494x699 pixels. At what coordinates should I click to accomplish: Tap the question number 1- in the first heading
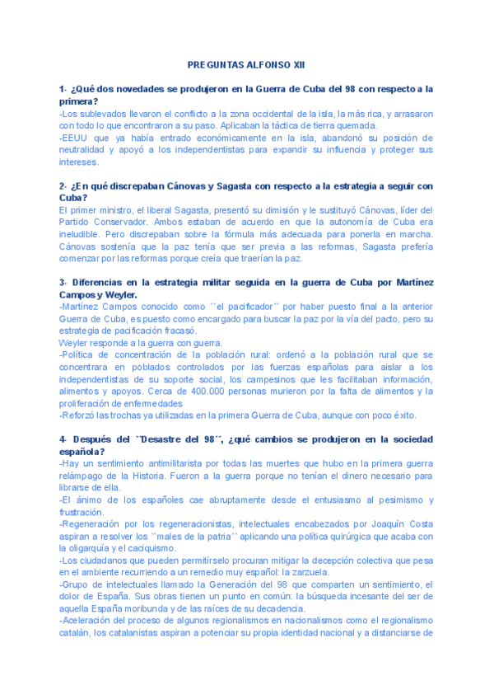click(63, 88)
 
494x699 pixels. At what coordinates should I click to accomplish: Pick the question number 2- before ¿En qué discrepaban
click(63, 185)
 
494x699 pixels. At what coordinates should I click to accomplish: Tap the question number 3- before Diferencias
click(63, 283)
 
